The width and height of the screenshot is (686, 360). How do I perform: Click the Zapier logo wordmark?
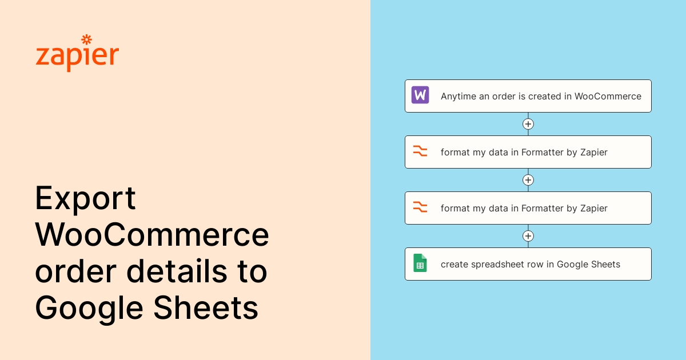[x=77, y=54]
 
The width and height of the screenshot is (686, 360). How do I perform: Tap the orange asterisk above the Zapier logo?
[x=87, y=39]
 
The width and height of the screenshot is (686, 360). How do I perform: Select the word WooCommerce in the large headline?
[x=152, y=234]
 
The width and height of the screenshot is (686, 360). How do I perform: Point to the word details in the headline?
[x=177, y=271]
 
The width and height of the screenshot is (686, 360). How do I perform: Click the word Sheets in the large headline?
[x=206, y=307]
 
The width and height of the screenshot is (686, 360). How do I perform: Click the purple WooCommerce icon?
[x=420, y=95]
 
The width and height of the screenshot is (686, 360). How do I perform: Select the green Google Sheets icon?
[x=420, y=263]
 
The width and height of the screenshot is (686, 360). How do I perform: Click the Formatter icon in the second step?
[x=420, y=151]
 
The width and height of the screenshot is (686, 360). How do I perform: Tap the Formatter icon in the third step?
[x=420, y=207]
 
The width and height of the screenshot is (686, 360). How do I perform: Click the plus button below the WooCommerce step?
[x=528, y=124]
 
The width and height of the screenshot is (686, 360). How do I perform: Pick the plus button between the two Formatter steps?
[x=528, y=180]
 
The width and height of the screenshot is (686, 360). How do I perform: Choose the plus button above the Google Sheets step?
[x=528, y=236]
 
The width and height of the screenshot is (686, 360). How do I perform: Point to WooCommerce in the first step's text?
[x=608, y=97]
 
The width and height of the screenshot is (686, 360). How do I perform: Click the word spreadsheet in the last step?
[x=498, y=265]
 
